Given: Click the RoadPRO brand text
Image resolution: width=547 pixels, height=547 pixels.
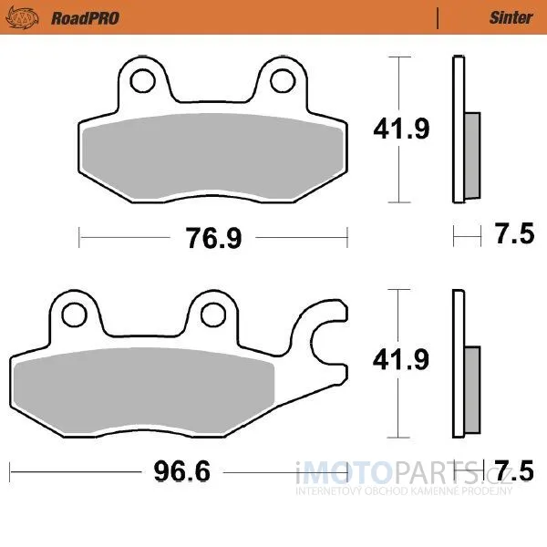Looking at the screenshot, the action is pos(85,18).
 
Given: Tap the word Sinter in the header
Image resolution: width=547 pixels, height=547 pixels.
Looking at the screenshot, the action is pos(511,17).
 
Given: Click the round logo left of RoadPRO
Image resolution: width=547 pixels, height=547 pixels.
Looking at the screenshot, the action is pos(22,18).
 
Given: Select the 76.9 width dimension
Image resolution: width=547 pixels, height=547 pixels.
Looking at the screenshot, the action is pos(213,238).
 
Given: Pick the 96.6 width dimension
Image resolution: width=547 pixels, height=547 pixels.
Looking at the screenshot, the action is pos(182,471).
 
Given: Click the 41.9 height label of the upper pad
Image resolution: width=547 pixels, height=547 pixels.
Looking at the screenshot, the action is pos(401,129).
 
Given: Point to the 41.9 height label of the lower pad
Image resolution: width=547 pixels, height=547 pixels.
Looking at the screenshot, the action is pos(401,360).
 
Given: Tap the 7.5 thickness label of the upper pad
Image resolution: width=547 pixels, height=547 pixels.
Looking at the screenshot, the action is pos(515,233).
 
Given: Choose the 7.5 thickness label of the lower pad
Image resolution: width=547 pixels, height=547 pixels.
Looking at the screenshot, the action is pos(515,470).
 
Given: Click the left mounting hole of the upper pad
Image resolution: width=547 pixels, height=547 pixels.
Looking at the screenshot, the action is pos(142,80).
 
